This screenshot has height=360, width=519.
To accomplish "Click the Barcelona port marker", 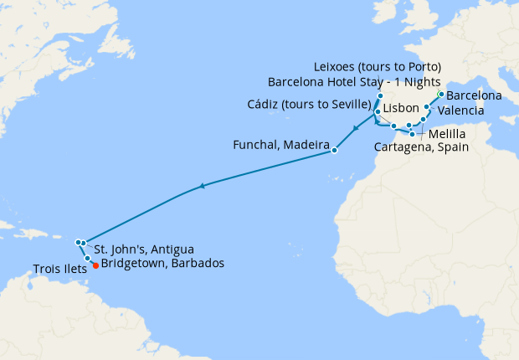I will coord(441,94).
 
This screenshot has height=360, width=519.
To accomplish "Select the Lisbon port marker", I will coord(378,111).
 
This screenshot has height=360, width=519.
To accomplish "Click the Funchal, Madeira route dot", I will coord(334,151).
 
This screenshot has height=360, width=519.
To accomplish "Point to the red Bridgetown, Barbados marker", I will coord(95,266).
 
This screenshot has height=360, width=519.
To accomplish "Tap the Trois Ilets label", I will coord(59,270).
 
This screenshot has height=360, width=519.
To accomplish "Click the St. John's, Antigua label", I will coord(144,249).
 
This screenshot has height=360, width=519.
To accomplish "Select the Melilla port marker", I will coord(412,134).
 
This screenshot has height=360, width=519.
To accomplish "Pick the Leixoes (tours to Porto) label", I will coord(377,67).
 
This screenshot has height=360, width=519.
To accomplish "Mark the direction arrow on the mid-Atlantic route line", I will coord(201,187).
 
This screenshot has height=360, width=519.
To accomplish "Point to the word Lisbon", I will coord(400,109).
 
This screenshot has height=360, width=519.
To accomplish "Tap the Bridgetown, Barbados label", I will coord(162,263).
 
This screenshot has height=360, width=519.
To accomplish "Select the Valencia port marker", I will coord(427,108).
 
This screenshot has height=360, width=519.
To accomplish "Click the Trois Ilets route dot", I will coord(87,259).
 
